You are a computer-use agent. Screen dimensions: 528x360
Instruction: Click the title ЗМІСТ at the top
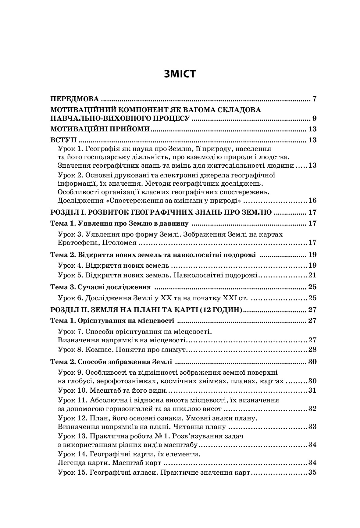180,74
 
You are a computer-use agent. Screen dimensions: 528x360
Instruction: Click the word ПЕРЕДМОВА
75,99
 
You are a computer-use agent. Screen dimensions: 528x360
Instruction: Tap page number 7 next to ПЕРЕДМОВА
314,99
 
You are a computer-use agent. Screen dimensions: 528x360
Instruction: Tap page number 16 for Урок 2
312,201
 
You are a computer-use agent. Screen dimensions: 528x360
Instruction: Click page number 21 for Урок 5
312,275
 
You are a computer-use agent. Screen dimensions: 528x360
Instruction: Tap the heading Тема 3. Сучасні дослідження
101,287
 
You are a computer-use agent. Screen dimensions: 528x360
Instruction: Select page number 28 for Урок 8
312,349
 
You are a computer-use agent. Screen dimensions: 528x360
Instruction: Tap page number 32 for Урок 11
312,409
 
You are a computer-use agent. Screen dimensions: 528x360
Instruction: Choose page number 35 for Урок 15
312,473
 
